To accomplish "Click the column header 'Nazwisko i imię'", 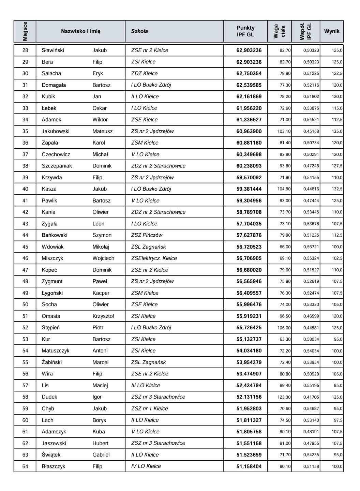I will pyautogui.click(x=80, y=31).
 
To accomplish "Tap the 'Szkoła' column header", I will pyautogui.click(x=139, y=31).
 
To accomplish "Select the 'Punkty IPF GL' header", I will pyautogui.click(x=245, y=31).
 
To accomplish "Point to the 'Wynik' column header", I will pyautogui.click(x=332, y=31).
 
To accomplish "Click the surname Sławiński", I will pyautogui.click(x=53, y=50).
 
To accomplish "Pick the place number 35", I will pyautogui.click(x=25, y=131).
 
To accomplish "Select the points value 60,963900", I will pyautogui.click(x=249, y=131).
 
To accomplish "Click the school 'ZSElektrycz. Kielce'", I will pyautogui.click(x=154, y=258).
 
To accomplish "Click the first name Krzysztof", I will pyautogui.click(x=103, y=316).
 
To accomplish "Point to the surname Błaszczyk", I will pyautogui.click(x=54, y=466).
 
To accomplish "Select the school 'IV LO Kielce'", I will pyautogui.click(x=146, y=466).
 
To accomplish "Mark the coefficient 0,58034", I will pyautogui.click(x=311, y=339).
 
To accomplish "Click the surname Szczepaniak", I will pyautogui.click(x=57, y=166).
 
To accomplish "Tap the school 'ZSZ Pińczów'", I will pyautogui.click(x=147, y=235).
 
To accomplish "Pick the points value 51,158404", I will pyautogui.click(x=249, y=466).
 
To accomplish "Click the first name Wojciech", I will pyautogui.click(x=103, y=258).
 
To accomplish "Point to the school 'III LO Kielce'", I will pyautogui.click(x=146, y=386).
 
